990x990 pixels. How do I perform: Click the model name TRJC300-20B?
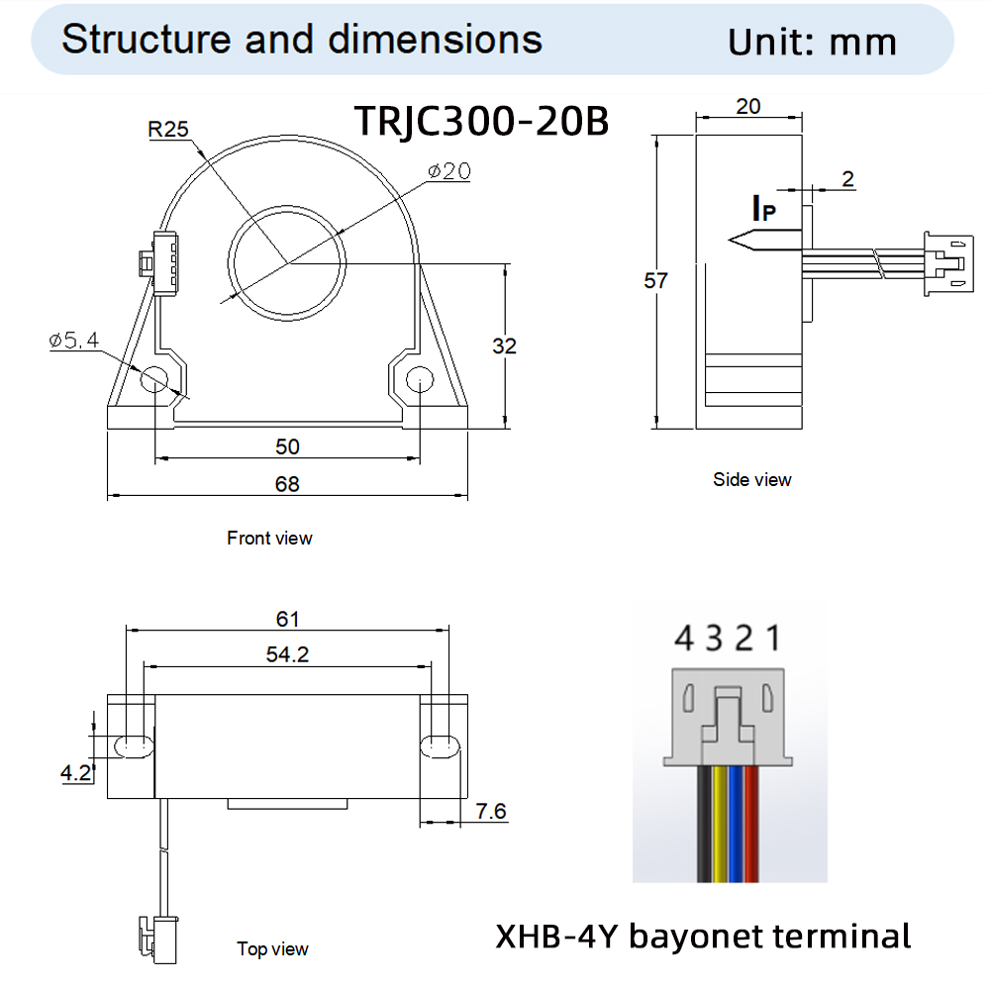[481, 121]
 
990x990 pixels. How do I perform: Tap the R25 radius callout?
[167, 129]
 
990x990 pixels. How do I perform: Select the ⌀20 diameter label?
[448, 171]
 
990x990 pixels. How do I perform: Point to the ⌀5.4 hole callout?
[74, 341]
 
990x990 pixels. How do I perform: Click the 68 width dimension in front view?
[287, 484]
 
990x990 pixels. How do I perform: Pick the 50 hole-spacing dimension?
[287, 447]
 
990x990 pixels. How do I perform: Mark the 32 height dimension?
[505, 346]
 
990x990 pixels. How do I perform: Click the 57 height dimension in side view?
[656, 281]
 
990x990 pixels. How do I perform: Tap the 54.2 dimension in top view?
[287, 654]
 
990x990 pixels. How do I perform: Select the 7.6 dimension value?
[491, 812]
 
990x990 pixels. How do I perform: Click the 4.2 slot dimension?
[76, 773]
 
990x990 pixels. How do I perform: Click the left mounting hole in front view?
[155, 378]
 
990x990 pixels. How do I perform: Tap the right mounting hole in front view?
[419, 378]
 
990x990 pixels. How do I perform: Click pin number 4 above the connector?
[684, 639]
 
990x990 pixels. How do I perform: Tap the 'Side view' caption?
[752, 480]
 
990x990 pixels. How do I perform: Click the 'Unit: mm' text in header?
[812, 42]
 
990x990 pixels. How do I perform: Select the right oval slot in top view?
[439, 745]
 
